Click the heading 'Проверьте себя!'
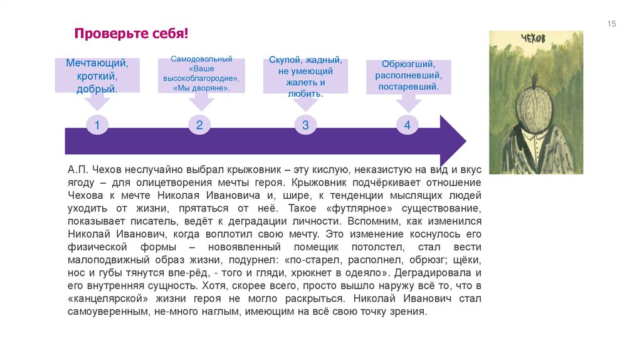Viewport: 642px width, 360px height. tap(132, 33)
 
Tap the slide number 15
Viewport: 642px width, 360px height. tap(612, 24)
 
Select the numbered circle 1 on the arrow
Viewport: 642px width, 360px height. tap(97, 125)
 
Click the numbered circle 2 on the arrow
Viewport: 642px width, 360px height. tap(199, 125)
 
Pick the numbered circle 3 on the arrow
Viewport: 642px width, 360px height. tap(305, 125)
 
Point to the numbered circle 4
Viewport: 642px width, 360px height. tap(407, 125)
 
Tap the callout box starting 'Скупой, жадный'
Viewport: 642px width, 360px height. tap(305, 76)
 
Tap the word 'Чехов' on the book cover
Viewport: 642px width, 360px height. tap(534, 39)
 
